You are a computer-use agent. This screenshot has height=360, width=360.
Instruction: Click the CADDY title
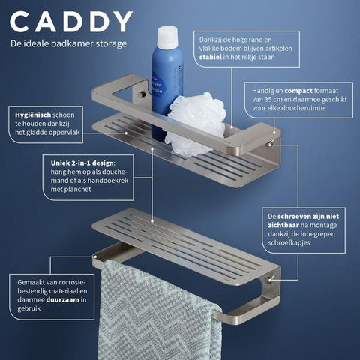tap(71, 22)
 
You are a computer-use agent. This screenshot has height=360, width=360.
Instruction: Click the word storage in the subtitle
tap(110, 44)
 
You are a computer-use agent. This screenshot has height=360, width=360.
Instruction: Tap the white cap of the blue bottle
tap(167, 37)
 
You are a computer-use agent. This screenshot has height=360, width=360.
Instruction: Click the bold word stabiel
tap(211, 57)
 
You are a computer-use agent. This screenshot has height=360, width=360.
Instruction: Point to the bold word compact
tap(298, 91)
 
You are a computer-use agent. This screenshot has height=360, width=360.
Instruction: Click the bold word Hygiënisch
tap(33, 115)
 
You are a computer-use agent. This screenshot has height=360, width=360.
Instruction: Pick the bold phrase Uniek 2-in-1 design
tap(82, 163)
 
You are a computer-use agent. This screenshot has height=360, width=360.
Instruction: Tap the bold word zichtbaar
tap(283, 225)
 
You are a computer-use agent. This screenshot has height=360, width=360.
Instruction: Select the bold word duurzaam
tap(62, 299)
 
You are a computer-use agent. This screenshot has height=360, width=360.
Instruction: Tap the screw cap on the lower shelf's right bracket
tap(268, 280)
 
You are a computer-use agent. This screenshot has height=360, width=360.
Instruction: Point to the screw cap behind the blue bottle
tap(142, 94)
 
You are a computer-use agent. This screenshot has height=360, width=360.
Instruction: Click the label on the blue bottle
tap(157, 86)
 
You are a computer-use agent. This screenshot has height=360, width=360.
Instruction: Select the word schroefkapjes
tap(289, 243)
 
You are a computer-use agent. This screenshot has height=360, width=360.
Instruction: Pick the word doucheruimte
tap(303, 108)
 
